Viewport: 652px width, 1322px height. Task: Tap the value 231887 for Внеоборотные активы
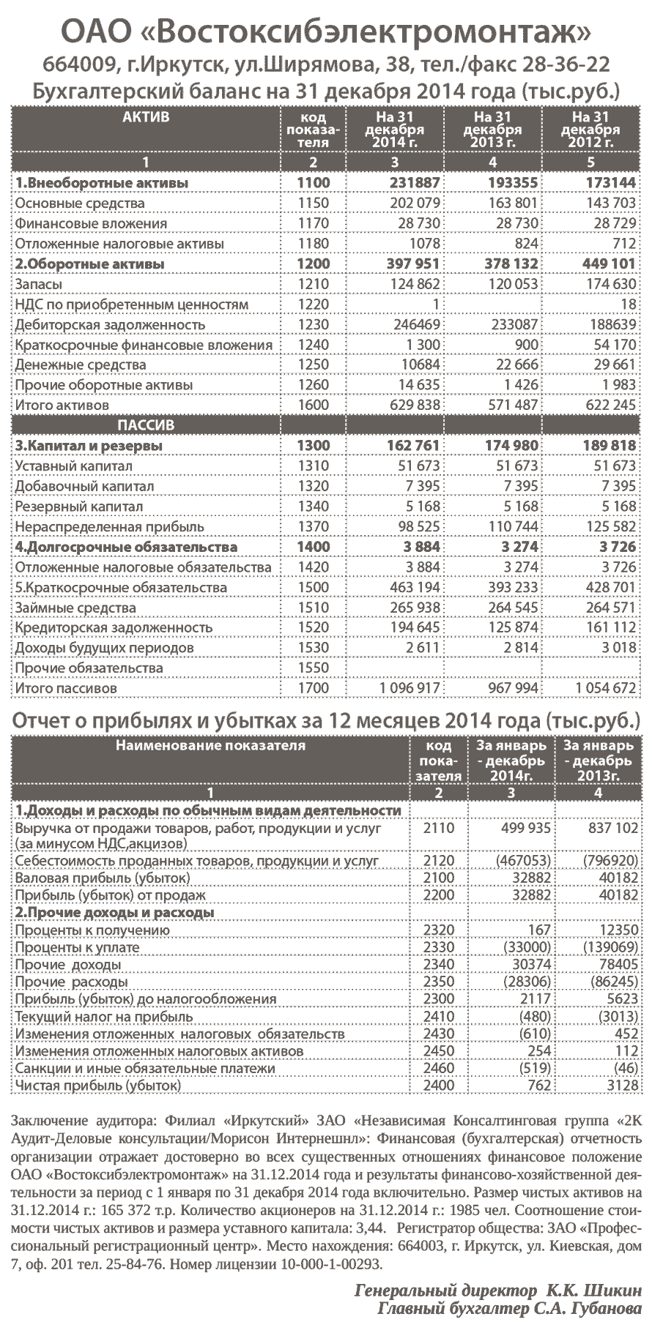coord(413,183)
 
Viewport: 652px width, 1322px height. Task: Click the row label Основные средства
coord(80,203)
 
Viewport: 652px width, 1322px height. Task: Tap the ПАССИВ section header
coord(146,425)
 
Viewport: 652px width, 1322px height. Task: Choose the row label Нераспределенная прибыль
coord(95,527)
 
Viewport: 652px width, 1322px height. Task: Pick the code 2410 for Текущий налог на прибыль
coord(439,1017)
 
